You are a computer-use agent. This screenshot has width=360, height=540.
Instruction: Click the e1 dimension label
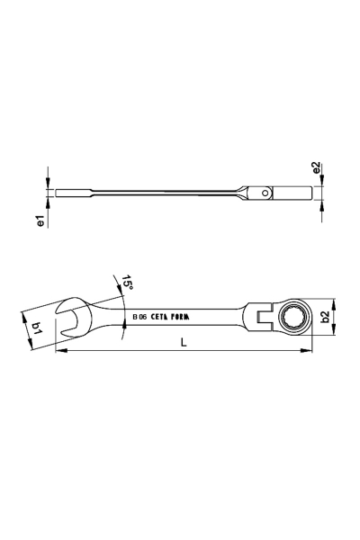pyautogui.click(x=41, y=220)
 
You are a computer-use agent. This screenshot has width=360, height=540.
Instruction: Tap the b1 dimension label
pyautogui.click(x=37, y=328)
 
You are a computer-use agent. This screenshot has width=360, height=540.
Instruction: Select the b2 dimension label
pyautogui.click(x=325, y=317)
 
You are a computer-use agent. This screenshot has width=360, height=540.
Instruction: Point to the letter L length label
pyautogui.click(x=184, y=342)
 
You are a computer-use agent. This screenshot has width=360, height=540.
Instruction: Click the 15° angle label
pyautogui.click(x=127, y=283)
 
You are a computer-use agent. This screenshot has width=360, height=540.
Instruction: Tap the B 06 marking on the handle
pyautogui.click(x=139, y=317)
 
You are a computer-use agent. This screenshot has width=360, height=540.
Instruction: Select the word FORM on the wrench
pyautogui.click(x=180, y=317)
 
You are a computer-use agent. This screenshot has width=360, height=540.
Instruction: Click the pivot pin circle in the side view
pyautogui.click(x=265, y=193)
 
